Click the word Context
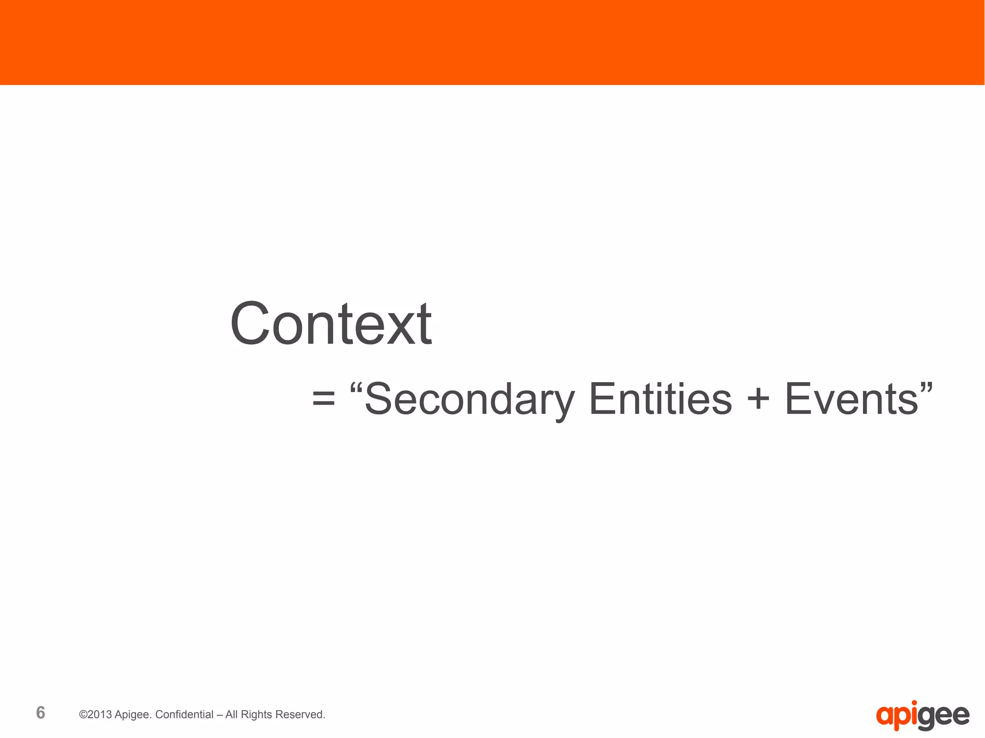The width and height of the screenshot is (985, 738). (x=331, y=324)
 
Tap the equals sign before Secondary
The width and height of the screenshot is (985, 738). (x=323, y=399)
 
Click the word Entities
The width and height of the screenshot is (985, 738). (x=660, y=399)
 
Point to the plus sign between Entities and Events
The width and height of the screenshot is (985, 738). (x=758, y=399)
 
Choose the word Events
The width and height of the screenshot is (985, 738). (x=851, y=399)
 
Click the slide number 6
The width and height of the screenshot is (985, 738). (x=41, y=713)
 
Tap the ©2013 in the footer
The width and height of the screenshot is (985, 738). (x=96, y=714)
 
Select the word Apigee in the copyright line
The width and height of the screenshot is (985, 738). (x=133, y=715)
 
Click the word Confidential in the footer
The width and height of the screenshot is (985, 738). (x=184, y=714)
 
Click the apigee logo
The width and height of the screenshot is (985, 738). (x=922, y=716)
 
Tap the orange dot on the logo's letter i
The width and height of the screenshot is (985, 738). (x=914, y=703)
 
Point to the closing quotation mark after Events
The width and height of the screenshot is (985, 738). (x=926, y=387)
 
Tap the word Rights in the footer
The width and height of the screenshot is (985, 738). (x=256, y=714)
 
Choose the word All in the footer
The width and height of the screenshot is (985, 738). (x=231, y=714)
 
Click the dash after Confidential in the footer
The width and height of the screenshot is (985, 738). (x=219, y=715)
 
